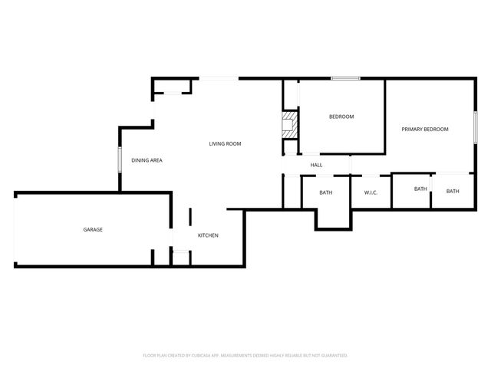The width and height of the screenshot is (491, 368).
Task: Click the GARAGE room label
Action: tap(93, 229)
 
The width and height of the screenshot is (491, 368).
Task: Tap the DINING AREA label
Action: tap(147, 160)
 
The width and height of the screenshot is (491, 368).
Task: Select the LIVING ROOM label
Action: tap(226, 143)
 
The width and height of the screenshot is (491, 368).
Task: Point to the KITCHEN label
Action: tap(209, 235)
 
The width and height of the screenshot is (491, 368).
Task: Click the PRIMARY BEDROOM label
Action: tap(425, 129)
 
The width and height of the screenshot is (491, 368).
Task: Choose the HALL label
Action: tap(316, 165)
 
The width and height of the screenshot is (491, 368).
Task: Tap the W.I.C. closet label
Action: tap(371, 192)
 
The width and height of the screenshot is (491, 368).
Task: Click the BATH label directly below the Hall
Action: tap(326, 192)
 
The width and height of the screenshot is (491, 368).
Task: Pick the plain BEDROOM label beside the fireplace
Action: tap(341, 117)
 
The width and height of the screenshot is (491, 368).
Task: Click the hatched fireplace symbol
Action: tap(289, 126)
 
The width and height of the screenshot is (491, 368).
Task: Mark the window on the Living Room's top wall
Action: tap(219, 77)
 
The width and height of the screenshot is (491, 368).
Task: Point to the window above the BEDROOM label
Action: tap(345, 77)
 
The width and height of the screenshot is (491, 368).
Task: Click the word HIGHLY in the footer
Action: tap(278, 356)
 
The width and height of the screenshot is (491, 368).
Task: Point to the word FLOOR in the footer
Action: tap(150, 356)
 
